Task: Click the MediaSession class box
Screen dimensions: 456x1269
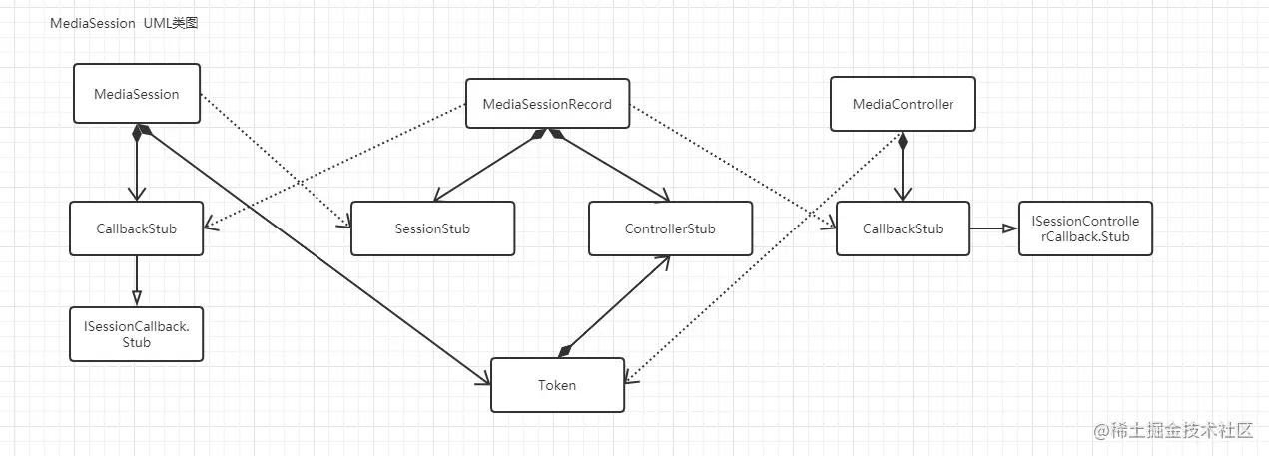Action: (137, 94)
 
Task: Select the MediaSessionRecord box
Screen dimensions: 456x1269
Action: (547, 104)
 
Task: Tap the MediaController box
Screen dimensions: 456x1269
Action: (903, 104)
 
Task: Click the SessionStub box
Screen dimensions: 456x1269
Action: (432, 228)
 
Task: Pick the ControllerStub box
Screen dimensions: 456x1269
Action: (670, 228)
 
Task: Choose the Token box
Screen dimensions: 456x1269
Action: (557, 385)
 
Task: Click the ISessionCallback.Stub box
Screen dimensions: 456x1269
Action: (137, 334)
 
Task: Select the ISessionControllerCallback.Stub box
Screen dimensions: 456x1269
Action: (1085, 228)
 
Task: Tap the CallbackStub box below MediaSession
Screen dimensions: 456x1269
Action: (137, 228)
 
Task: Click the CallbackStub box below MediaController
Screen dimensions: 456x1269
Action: (903, 228)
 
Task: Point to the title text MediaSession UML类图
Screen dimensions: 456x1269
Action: (125, 23)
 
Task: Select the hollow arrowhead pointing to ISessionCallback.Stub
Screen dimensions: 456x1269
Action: (137, 298)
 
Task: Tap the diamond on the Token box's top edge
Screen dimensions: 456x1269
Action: (565, 351)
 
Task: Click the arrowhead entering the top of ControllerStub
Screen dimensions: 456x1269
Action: (662, 196)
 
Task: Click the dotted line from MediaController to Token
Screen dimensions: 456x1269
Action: (759, 259)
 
